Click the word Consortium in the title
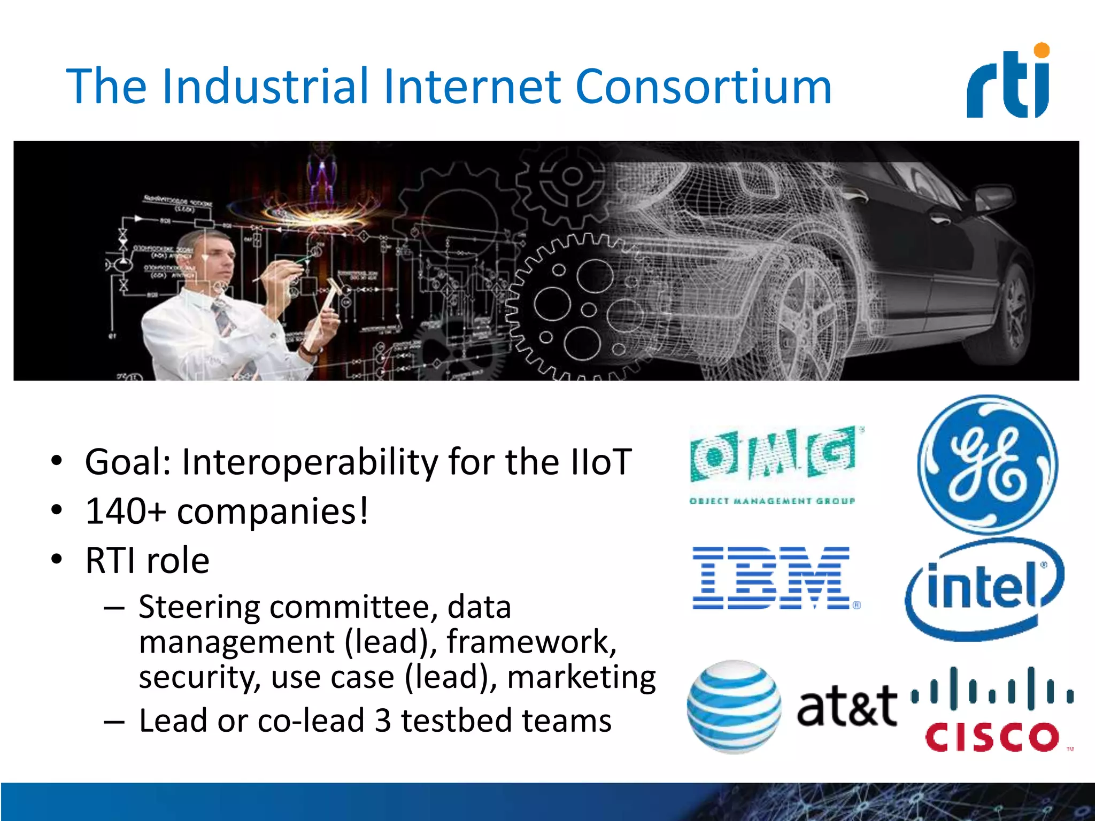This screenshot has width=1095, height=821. point(703,87)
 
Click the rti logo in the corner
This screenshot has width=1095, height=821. point(1008,83)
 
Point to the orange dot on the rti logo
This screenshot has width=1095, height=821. point(1042,51)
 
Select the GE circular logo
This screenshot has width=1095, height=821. point(987,464)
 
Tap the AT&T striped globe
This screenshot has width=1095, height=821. point(734,707)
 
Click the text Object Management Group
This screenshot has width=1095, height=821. point(772,501)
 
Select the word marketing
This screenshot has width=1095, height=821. point(581,677)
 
